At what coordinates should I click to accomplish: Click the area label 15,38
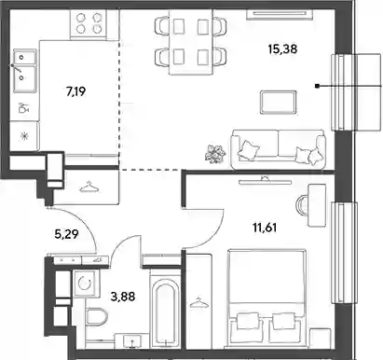[282, 49]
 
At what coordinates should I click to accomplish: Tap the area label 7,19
[76, 91]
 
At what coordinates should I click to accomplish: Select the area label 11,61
[265, 228]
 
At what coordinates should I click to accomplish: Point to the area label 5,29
[66, 234]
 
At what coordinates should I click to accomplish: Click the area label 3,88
[123, 297]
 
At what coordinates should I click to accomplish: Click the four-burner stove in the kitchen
[89, 24]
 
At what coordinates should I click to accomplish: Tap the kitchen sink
[25, 71]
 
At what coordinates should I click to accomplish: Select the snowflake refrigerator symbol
[24, 136]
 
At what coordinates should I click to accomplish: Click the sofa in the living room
[279, 149]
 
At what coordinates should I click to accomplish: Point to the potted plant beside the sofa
[215, 154]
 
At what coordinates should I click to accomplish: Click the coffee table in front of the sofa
[278, 103]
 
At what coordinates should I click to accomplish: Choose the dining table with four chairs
[191, 42]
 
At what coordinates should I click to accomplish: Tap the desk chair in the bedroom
[302, 204]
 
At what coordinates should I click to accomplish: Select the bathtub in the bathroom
[165, 311]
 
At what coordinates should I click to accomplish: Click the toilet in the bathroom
[96, 316]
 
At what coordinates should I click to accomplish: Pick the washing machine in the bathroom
[86, 283]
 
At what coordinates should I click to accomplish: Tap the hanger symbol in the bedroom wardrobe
[198, 302]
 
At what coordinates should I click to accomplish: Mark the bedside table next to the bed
[321, 338]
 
